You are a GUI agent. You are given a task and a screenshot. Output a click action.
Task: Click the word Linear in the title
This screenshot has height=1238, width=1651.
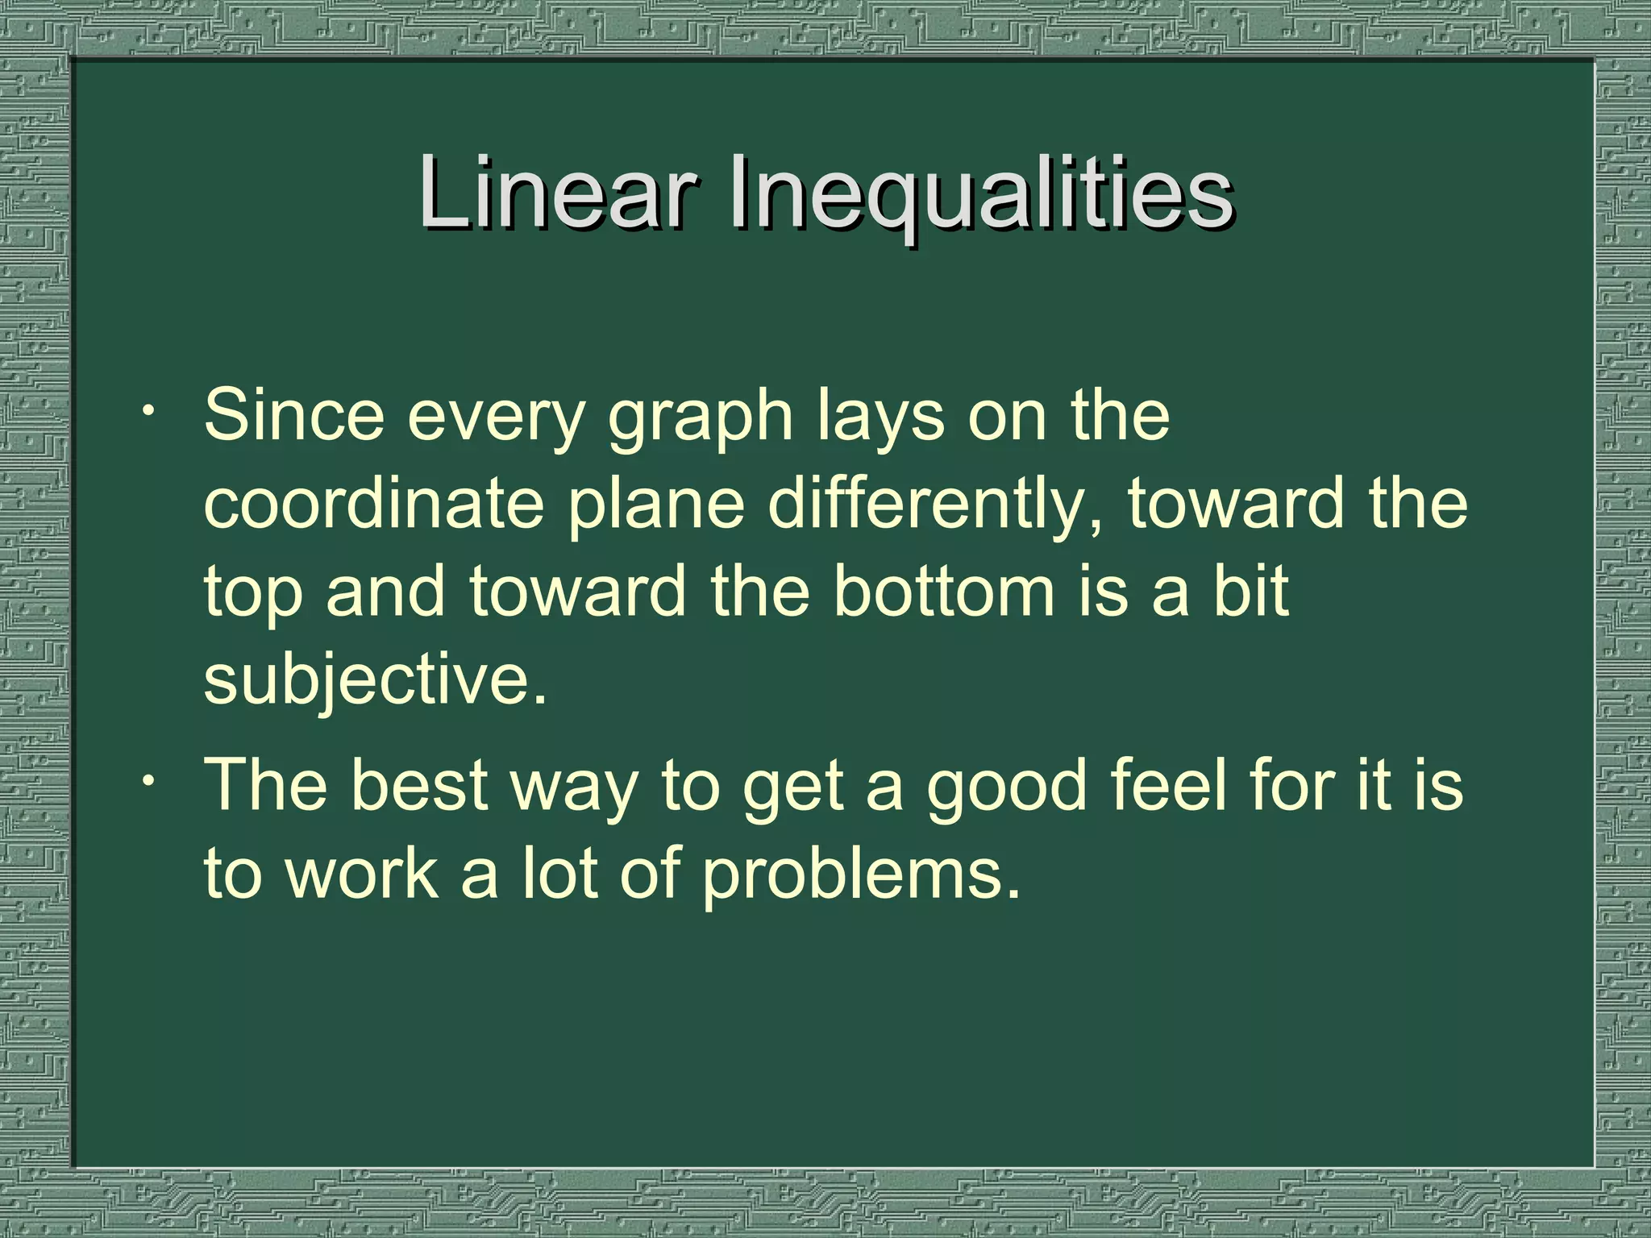556,194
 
